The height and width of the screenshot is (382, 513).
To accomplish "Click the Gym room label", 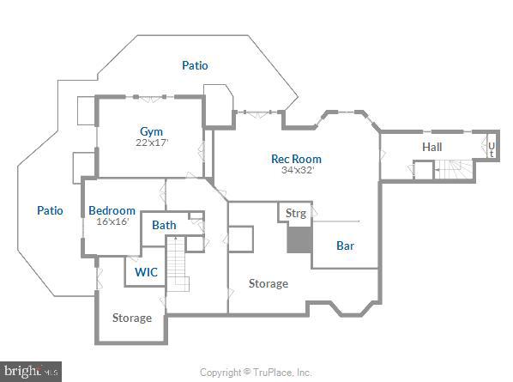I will (151, 130).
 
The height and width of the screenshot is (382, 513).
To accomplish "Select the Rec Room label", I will (296, 159).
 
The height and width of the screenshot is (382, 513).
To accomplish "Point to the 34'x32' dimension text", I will (297, 170).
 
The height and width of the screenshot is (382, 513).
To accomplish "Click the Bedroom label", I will (112, 210).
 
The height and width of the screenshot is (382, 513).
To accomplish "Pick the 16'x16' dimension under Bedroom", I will (112, 221).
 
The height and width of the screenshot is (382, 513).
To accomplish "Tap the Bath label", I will (164, 226).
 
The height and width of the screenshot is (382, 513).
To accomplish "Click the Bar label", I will (345, 246).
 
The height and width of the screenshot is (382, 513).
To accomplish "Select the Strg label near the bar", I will (295, 213).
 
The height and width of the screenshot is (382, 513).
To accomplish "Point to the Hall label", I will (432, 148).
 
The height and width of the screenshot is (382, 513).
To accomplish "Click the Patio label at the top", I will (195, 65).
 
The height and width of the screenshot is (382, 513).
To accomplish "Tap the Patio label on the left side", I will (50, 210).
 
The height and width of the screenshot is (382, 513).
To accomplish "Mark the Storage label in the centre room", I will (269, 283).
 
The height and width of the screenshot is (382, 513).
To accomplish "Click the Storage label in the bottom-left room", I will (132, 318).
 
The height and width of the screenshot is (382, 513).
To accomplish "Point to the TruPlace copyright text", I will (256, 373).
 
